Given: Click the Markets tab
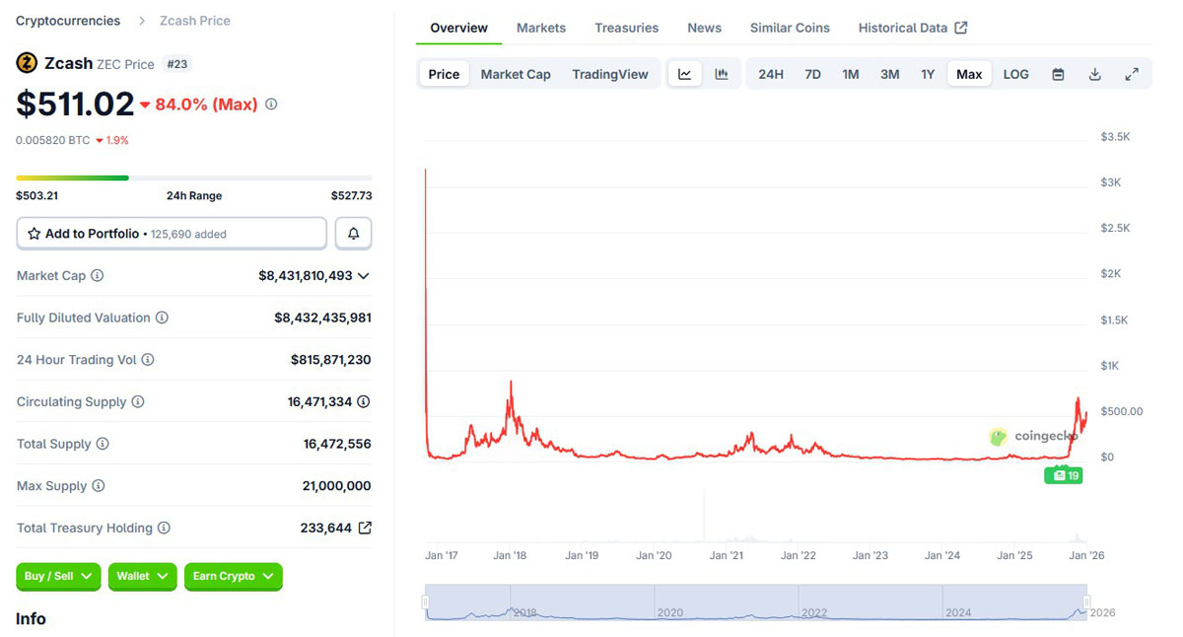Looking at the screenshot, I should click(x=541, y=28).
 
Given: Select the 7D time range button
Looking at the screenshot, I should click(x=812, y=74).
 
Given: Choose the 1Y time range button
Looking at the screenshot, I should click(x=928, y=74).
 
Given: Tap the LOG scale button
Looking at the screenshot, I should click(x=1015, y=74).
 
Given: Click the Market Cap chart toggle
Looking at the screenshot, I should click(x=516, y=74).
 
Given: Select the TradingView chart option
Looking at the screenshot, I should click(x=610, y=74).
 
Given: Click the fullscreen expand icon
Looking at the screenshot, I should click(x=1132, y=74).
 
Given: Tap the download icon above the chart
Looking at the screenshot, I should click(x=1094, y=74).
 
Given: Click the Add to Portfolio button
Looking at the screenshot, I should click(x=172, y=234).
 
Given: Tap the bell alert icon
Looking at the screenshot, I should click(x=354, y=234).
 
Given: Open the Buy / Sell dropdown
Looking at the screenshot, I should click(x=58, y=576).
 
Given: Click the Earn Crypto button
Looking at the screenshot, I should click(x=233, y=576).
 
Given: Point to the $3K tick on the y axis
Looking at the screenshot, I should click(x=1111, y=182).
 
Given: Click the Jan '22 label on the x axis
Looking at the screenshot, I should click(x=798, y=555).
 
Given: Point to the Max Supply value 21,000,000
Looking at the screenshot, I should click(x=336, y=486).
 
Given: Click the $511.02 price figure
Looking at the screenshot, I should click(x=75, y=104).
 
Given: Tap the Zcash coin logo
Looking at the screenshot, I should click(x=27, y=63).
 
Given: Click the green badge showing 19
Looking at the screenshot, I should click(x=1064, y=475).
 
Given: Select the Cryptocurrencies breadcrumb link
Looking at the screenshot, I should click(x=68, y=21).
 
